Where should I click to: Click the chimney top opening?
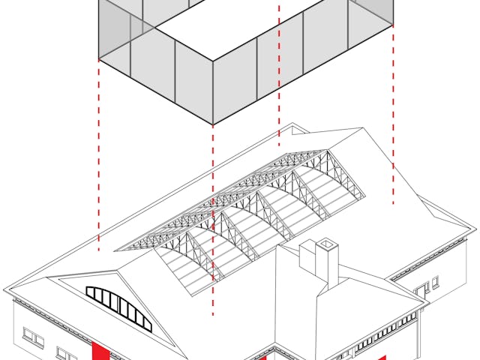tap(327, 243)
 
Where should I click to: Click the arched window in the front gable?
tap(119, 307)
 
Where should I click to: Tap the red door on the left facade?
tap(99, 351)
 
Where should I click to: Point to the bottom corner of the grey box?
tap(213, 124)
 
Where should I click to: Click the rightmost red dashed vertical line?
tap(393, 112)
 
